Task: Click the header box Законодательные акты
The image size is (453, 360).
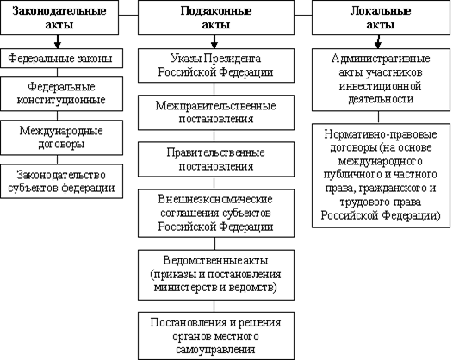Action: coord(59,17)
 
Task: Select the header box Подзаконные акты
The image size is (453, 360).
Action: coord(216,17)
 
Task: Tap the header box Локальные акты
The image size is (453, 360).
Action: coord(381,17)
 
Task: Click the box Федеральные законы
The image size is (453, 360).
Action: coord(61,58)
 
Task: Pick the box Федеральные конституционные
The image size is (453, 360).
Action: coord(61,94)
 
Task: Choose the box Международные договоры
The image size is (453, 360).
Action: coord(61,138)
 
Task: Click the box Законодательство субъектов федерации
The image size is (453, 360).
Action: coord(61,181)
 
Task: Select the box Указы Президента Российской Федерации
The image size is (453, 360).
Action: coord(216,65)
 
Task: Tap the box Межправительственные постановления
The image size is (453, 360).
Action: coord(216,113)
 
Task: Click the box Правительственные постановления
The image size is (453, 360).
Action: coord(216,159)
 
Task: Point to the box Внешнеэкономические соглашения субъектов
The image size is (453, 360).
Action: coord(216,214)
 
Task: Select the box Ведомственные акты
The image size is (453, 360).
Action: coord(216,275)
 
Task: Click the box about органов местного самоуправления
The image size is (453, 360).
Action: coord(216,336)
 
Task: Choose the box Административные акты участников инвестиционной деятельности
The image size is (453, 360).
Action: coord(381,80)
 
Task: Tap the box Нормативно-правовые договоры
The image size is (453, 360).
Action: coord(381,176)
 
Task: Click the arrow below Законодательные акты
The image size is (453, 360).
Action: coord(58,42)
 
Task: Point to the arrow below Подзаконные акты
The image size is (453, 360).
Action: coord(214,42)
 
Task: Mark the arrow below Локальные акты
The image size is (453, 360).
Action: coord(378,42)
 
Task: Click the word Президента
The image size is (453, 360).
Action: coord(233,59)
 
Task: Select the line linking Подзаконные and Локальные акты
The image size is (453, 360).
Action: coord(303,15)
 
